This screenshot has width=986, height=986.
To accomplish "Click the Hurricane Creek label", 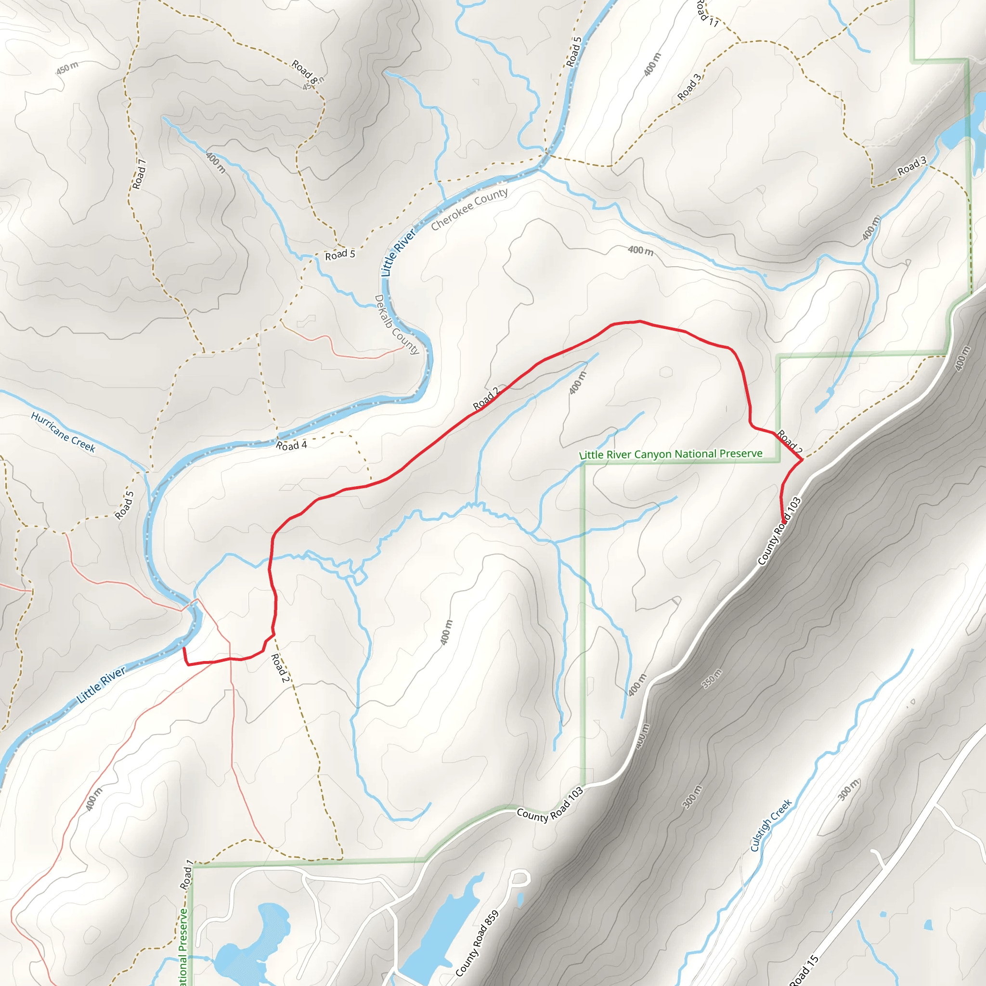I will click(x=63, y=432).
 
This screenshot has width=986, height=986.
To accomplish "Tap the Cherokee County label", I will click(x=469, y=209).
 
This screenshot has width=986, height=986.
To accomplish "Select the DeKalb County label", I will click(x=397, y=324).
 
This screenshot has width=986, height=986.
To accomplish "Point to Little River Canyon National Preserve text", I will click(x=671, y=454).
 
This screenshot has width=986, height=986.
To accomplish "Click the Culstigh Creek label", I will click(x=771, y=825).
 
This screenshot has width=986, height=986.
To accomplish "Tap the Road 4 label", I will click(x=291, y=445).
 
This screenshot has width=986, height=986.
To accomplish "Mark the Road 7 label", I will click(x=139, y=174).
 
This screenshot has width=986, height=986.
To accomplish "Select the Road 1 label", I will click(x=187, y=875).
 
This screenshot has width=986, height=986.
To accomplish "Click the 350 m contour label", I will click(x=713, y=678).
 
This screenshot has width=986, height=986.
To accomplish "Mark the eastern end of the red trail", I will click(x=783, y=521).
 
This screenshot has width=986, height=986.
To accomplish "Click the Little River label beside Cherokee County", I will click(x=398, y=253).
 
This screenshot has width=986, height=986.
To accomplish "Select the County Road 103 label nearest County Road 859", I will click(x=550, y=804).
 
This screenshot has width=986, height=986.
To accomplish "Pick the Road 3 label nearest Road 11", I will click(x=689, y=87).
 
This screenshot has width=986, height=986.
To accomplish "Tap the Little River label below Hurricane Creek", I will click(x=102, y=685).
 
